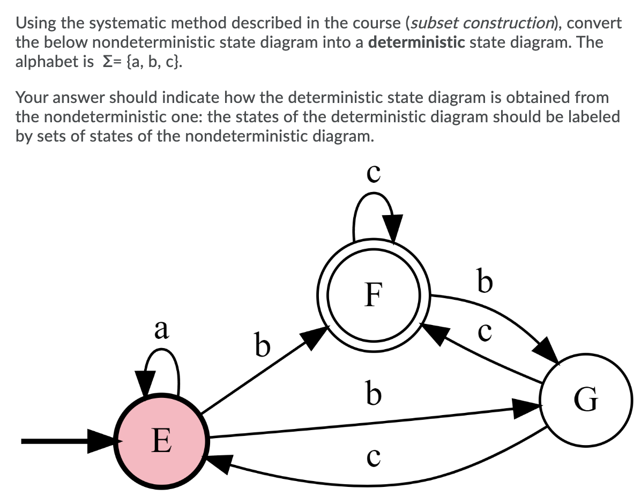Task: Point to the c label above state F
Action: tap(374, 172)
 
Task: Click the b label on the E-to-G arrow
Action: tap(374, 393)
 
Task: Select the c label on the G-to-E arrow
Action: tap(374, 456)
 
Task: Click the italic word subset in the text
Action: tap(434, 23)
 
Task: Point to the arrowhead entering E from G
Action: tap(220, 462)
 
